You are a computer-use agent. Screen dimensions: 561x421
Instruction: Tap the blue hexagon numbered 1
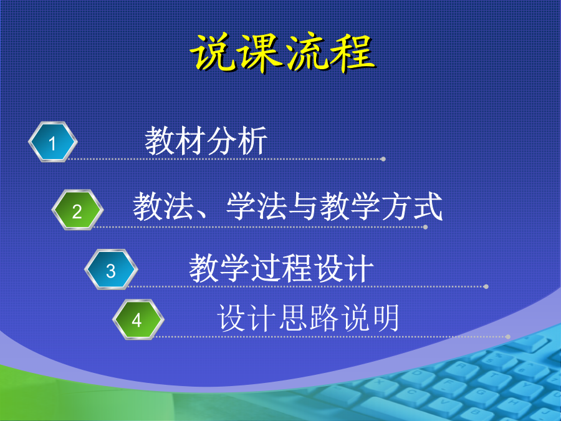[53, 142]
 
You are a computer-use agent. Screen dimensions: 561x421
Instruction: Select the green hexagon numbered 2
[77, 210]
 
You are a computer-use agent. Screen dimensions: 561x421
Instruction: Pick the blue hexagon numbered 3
[111, 269]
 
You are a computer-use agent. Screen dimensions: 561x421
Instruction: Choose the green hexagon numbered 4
[138, 319]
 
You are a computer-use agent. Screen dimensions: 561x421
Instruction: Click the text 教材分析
[206, 141]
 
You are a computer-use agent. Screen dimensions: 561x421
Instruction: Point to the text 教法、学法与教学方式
[287, 206]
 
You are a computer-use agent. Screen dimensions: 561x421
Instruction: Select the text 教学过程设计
[281, 268]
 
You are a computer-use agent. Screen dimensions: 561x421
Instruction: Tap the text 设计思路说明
[308, 317]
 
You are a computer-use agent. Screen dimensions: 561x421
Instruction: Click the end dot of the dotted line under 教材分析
[383, 159]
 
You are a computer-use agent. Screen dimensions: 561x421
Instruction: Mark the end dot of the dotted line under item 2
[425, 227]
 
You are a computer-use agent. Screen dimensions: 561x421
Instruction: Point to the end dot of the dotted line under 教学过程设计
[486, 286]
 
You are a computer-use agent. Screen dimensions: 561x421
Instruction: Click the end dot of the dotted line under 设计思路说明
[508, 337]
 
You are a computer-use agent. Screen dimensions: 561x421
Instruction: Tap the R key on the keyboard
[461, 366]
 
